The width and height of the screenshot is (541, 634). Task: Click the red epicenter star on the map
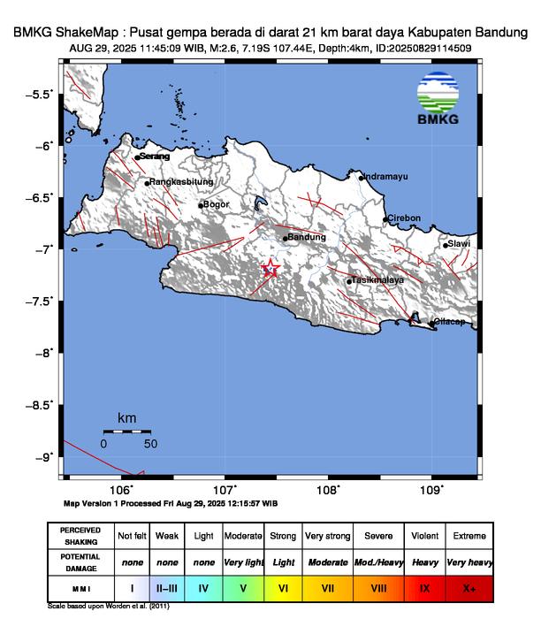271,270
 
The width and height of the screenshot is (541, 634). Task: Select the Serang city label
153,157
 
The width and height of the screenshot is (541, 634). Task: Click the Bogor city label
216,204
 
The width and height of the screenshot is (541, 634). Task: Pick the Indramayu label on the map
386,176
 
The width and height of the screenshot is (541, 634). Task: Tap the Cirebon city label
404,218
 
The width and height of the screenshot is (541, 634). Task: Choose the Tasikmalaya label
377,279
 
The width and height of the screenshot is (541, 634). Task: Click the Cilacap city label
448,322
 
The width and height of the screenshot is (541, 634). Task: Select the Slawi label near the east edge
459,243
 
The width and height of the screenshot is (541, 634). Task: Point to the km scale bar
126,431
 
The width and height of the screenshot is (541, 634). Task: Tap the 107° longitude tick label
224,490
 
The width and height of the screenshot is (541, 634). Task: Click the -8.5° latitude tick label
39,405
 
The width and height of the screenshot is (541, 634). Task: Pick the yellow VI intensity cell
283,586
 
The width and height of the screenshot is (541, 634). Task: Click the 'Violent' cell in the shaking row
424,536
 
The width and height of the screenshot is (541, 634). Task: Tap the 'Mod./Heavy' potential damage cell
378,561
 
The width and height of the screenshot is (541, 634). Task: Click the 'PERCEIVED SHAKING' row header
80,536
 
